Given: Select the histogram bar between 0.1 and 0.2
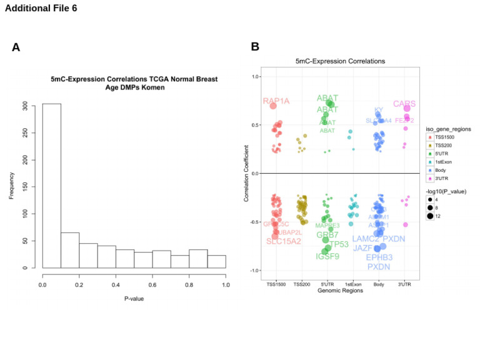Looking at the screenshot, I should coord(69,250).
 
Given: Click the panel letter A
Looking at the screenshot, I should coord(16,47).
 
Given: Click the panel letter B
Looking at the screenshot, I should coord(255,47).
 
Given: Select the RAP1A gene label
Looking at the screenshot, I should coord(276,101).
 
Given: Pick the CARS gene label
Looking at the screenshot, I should coord(404,104).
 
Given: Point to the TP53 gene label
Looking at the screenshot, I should coord(339,244).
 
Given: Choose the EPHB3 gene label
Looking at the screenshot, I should coord(379,257).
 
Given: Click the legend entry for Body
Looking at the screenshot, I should coord(434,169).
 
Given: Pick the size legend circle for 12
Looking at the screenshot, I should coord(431,216).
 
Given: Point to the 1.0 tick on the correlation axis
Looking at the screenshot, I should coord(254,77).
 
